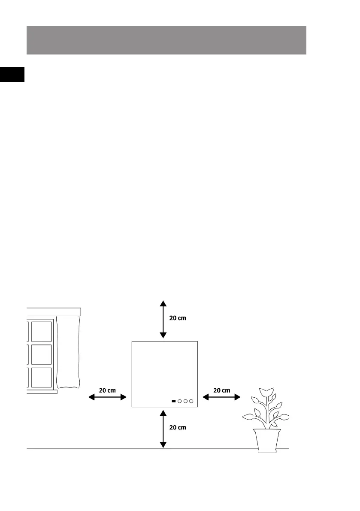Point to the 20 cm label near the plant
pos(221,390)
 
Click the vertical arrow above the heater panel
pos(163,320)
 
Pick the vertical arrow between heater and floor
pos(163,429)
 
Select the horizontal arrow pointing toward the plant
pos(221,398)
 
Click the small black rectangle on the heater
pos(173,402)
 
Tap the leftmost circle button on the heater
pos(180,402)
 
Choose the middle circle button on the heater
pos(186,402)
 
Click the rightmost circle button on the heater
pos(192,402)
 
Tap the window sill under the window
pos(42,391)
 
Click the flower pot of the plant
pos(267,440)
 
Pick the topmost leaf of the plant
pos(267,392)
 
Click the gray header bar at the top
pos(166,40)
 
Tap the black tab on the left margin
pos(12,74)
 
